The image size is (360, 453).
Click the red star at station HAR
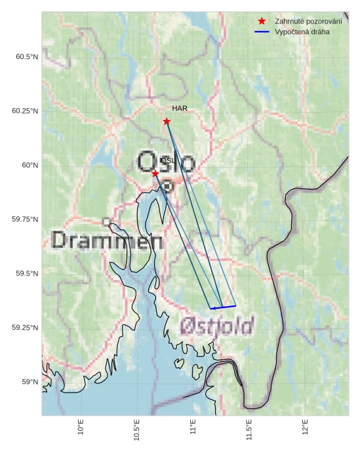tap(167, 121)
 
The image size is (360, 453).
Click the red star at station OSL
tap(155, 174)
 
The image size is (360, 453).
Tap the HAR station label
tap(180, 108)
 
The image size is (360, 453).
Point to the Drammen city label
tap(107, 241)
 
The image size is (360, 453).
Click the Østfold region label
tap(216, 325)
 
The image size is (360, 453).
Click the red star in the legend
tap(262, 22)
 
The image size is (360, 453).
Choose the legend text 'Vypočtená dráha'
tap(302, 31)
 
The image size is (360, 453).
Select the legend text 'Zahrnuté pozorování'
tap(308, 22)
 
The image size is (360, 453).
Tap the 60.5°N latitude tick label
tap(27, 57)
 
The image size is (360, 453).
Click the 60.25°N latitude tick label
tap(25, 111)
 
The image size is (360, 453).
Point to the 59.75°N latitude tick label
tap(25, 220)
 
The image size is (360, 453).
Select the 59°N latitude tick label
tap(29, 382)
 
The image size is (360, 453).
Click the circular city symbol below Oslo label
tap(167, 186)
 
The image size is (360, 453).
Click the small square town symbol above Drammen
tap(106, 222)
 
